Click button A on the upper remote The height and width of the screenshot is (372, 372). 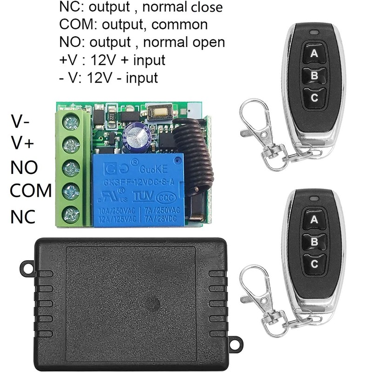(x=314, y=53)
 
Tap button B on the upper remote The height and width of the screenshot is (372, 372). (x=314, y=76)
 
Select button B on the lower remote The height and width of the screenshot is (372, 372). (x=314, y=242)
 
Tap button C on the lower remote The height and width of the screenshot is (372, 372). (x=314, y=264)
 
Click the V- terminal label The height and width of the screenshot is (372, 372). (x=21, y=123)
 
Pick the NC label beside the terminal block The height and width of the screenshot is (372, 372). (x=23, y=216)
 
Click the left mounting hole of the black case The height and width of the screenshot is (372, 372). (x=27, y=268)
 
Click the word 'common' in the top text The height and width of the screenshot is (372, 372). (x=180, y=25)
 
